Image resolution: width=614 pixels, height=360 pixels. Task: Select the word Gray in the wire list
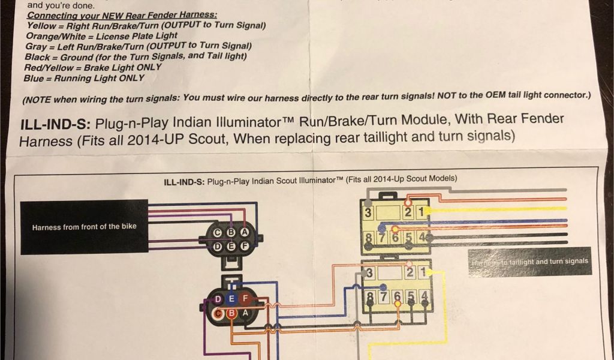(37, 46)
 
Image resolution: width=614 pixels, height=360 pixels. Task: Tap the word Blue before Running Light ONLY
(34, 78)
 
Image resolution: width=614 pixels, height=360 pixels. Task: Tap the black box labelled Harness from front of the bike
(84, 226)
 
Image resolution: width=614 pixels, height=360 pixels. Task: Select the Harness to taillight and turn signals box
(529, 262)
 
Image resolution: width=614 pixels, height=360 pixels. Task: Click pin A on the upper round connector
(244, 232)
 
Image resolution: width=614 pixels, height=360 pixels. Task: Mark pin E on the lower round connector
(231, 298)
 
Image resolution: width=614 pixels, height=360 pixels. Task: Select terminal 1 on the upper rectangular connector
(422, 212)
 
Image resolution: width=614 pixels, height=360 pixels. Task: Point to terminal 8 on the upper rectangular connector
(368, 238)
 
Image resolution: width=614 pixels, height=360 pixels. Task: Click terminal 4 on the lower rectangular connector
(424, 296)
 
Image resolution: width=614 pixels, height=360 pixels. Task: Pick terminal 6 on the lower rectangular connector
(396, 296)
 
